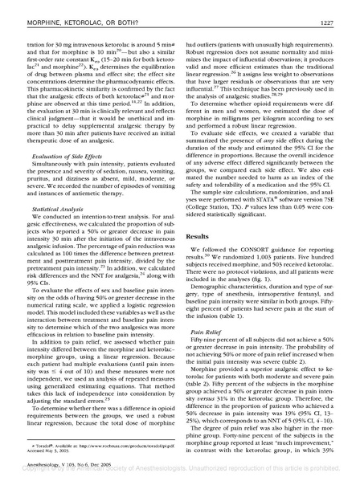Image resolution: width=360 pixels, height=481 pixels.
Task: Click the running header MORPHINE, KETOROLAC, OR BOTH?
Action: (73, 9)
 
